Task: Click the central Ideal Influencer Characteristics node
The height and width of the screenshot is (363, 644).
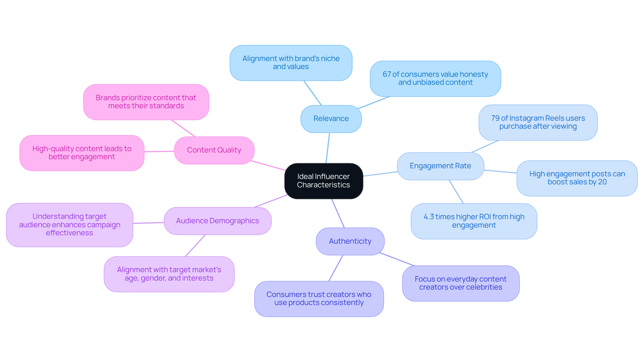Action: tap(323, 181)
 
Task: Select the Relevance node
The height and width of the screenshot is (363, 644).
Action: tap(331, 119)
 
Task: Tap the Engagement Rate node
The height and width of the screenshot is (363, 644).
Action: tap(440, 166)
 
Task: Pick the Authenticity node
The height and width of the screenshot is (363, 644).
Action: tap(350, 241)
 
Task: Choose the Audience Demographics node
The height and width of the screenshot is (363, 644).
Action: tap(217, 221)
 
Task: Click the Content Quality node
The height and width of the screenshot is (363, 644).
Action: tap(214, 150)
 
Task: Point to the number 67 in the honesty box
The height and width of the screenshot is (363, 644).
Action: tap(387, 74)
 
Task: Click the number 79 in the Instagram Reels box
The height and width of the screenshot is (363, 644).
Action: tap(495, 118)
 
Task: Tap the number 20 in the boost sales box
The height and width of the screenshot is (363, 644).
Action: tap(602, 182)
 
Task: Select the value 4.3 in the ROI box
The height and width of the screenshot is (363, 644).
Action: tap(428, 217)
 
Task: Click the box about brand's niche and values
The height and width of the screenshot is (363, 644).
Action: tap(291, 63)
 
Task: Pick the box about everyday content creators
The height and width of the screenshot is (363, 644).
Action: tap(461, 283)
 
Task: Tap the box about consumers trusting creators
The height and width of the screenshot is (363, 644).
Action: tap(319, 299)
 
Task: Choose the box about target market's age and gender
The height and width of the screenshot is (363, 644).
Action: tap(169, 274)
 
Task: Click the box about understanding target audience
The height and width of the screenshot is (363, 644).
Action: tap(69, 225)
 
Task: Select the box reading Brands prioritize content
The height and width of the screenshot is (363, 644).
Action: tap(146, 102)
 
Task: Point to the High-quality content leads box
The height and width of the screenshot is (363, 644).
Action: tap(82, 153)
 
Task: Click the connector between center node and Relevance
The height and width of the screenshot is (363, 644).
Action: tap(328, 148)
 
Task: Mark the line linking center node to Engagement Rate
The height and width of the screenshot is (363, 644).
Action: tap(380, 174)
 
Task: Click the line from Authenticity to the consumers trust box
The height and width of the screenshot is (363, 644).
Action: tap(336, 268)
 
